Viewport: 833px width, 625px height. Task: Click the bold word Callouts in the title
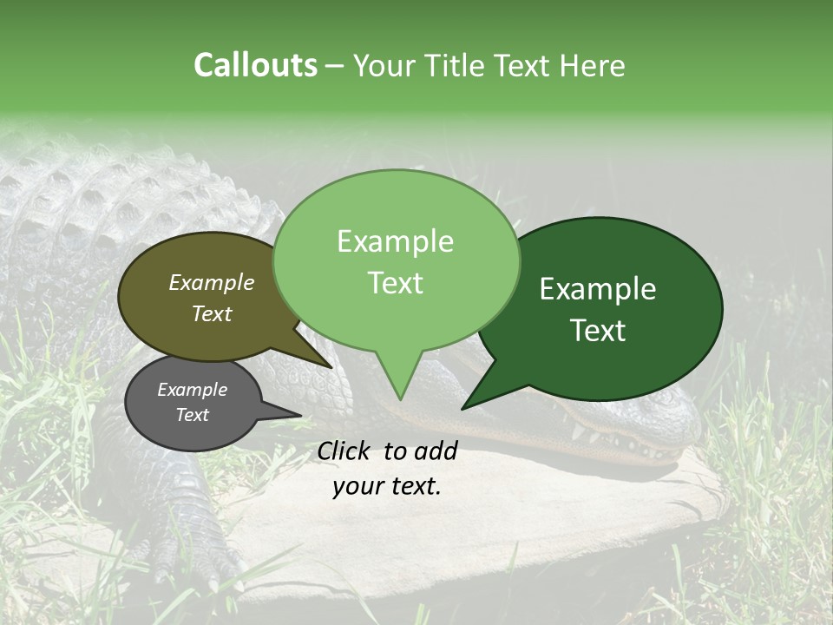(255, 65)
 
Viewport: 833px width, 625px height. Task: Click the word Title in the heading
(460, 65)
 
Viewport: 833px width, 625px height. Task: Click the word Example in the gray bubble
(192, 390)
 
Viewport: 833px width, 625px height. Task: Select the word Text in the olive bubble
(212, 313)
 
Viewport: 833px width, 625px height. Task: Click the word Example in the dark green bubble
(598, 289)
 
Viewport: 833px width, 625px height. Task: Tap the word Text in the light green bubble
(396, 283)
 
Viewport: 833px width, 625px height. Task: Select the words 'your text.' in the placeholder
(387, 486)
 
